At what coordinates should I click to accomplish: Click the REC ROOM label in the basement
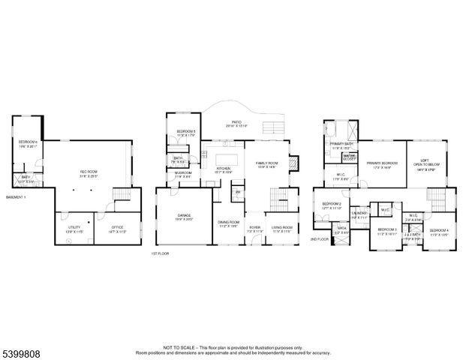tap(89, 172)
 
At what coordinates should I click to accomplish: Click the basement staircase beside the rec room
tap(122, 196)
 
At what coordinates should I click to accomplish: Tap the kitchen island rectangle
tap(227, 159)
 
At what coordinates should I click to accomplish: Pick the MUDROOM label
tap(184, 173)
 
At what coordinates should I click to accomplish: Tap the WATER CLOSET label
tap(350, 157)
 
